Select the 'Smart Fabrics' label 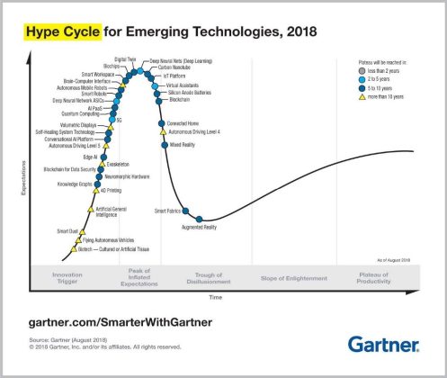[168, 211]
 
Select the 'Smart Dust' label [67, 231]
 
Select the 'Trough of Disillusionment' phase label [214, 278]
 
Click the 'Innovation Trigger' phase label [67, 278]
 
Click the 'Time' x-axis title [215, 296]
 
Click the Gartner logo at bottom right [383, 344]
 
